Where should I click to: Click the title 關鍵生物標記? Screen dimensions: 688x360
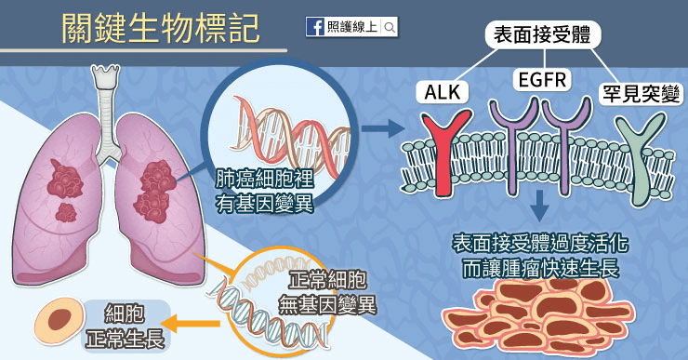point(161,29)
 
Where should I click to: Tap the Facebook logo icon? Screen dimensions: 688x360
point(315,27)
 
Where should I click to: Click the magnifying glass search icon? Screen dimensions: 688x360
point(390,28)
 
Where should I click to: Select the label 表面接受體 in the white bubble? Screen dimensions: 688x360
point(542,34)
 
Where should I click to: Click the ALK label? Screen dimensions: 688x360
point(443,92)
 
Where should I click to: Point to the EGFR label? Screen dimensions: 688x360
point(542,80)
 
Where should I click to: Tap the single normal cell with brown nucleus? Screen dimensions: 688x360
point(59,320)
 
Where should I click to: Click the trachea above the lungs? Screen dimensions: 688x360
point(105,115)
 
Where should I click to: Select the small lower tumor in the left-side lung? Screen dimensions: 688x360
point(66,212)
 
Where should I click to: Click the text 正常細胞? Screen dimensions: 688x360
point(327,279)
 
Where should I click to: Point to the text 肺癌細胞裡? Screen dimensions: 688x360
point(264,180)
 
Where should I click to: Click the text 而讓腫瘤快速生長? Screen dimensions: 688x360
point(540,268)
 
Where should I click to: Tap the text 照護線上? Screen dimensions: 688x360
point(351,27)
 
